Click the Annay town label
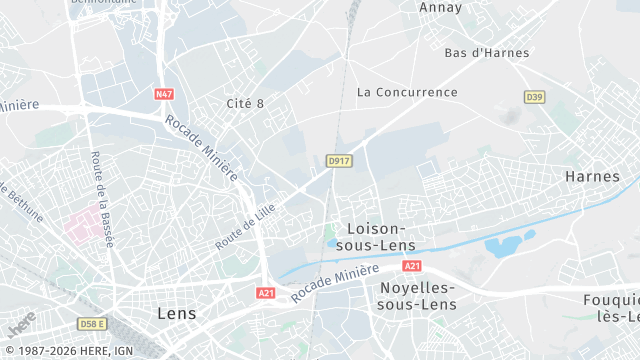pyautogui.click(x=440, y=8)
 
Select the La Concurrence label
pyautogui.click(x=407, y=92)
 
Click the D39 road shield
pyautogui.click(x=534, y=96)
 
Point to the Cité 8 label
pyautogui.click(x=245, y=103)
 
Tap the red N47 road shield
pyautogui.click(x=164, y=94)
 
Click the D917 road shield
pyautogui.click(x=339, y=160)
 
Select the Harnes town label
pyautogui.click(x=593, y=176)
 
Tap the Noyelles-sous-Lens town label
pyautogui.click(x=417, y=297)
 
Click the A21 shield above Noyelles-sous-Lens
pyautogui.click(x=412, y=266)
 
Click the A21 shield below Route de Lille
pyautogui.click(x=265, y=293)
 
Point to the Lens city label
pyautogui.click(x=177, y=313)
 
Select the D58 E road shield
pyautogui.click(x=92, y=324)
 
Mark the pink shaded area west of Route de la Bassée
pyautogui.click(x=87, y=221)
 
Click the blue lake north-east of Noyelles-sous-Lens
pyautogui.click(x=505, y=244)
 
